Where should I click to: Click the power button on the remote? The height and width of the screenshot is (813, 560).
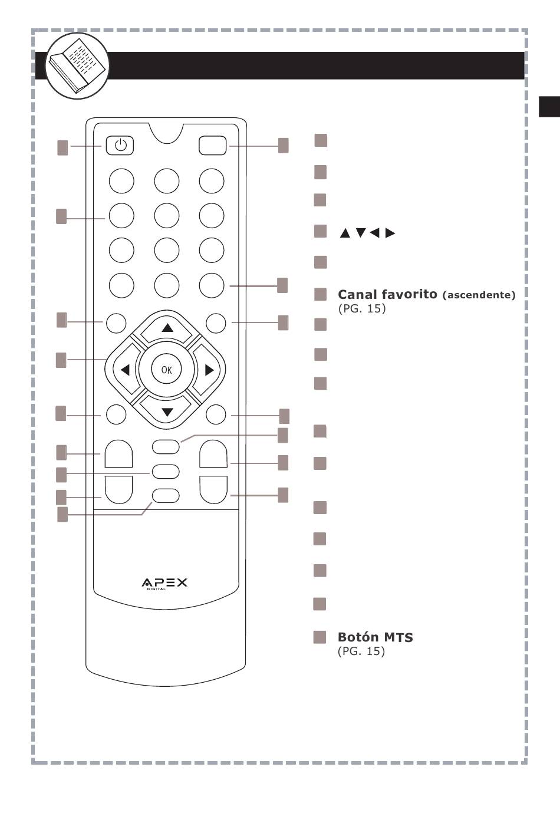click(x=120, y=146)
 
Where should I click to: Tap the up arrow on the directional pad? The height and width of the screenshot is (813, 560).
click(x=167, y=328)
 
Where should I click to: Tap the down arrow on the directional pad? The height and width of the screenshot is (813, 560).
click(x=167, y=412)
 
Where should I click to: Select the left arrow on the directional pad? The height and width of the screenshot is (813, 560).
click(x=125, y=370)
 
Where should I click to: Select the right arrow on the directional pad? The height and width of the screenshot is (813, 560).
click(x=209, y=370)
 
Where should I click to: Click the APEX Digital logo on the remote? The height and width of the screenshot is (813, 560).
click(x=164, y=583)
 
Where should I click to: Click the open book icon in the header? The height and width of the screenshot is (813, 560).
click(x=77, y=65)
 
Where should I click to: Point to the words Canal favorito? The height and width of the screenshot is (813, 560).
click(x=387, y=294)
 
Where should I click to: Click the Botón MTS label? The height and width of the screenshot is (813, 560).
click(x=375, y=637)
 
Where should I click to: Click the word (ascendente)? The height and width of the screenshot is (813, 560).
click(x=479, y=295)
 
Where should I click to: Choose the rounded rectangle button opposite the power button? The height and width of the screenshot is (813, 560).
click(x=213, y=146)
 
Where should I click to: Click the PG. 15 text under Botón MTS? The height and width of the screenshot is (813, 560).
click(x=361, y=651)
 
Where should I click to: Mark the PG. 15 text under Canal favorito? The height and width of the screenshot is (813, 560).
click(x=362, y=308)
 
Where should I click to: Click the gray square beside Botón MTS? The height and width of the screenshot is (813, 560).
click(x=319, y=637)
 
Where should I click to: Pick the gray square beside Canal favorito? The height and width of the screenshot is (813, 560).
click(x=321, y=294)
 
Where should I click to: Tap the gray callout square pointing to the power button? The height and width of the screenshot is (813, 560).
click(x=62, y=148)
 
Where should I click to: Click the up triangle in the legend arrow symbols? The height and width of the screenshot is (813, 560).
click(x=345, y=233)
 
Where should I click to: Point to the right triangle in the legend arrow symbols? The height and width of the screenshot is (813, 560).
click(x=390, y=233)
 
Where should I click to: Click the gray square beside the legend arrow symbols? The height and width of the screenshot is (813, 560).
click(x=320, y=231)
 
